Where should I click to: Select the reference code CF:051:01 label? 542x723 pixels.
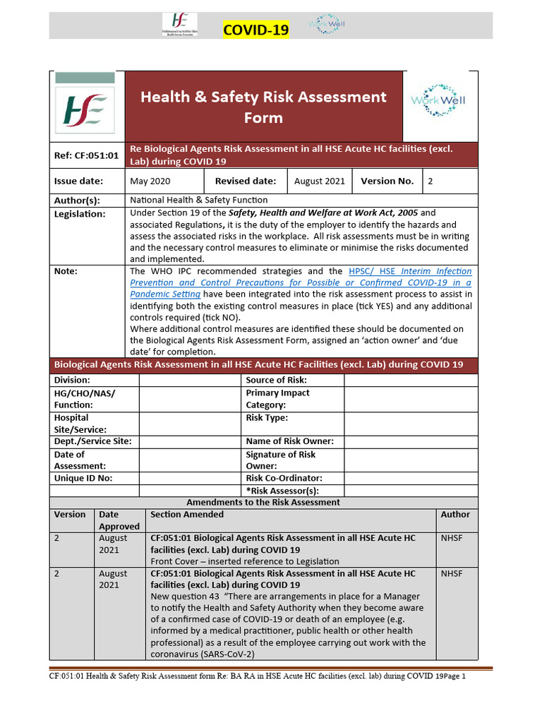(85, 155)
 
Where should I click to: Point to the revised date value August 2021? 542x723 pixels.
(319, 181)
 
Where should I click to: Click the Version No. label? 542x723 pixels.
(387, 181)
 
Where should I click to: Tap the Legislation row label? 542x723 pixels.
(80, 213)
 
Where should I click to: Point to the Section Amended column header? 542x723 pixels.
(187, 515)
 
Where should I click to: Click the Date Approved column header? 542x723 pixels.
(119, 520)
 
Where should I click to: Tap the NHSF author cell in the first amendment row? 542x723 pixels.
(452, 538)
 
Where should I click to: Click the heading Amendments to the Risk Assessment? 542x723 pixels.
(263, 502)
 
